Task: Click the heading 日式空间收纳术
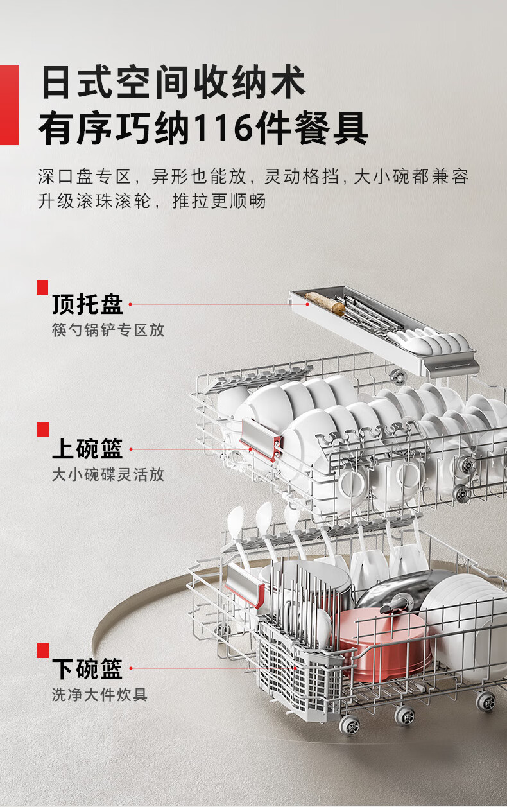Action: coord(173,83)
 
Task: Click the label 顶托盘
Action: coord(87,304)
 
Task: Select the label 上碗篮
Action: coord(87,448)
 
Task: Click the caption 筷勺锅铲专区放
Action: coord(108,330)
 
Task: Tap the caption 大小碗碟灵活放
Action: coord(108,474)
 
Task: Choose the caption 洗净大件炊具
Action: coord(99,695)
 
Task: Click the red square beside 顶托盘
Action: coord(42,287)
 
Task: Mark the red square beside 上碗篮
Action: coord(42,429)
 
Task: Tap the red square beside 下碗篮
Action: coord(42,650)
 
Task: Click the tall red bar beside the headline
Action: coord(9,105)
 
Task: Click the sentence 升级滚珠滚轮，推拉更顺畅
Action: coord(151,202)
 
